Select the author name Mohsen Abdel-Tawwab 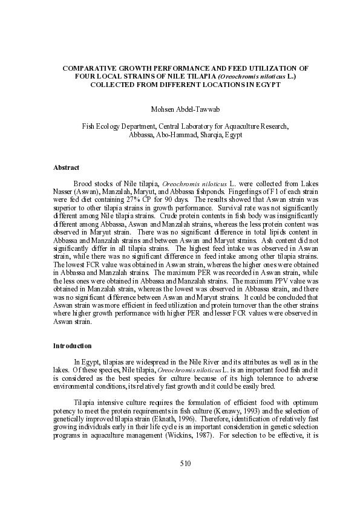pos(180,109)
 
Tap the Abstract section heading pos(66,167)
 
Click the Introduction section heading pos(72,346)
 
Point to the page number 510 pos(185,480)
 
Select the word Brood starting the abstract pos(83,182)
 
